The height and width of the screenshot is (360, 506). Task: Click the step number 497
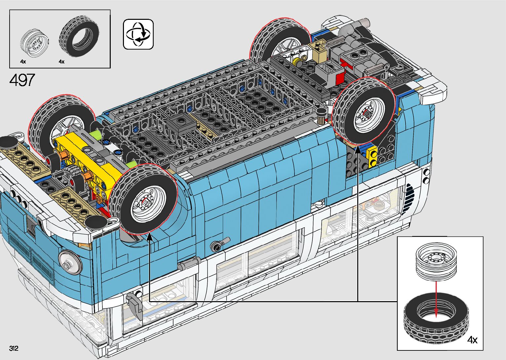[22, 80]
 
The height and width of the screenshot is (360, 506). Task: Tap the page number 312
[14, 348]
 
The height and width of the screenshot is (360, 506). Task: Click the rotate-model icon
[138, 34]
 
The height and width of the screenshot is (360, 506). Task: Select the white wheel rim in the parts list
[34, 43]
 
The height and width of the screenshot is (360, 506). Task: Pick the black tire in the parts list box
[79, 35]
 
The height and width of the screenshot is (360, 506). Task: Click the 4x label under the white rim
[23, 61]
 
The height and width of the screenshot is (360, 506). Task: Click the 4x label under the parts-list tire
[62, 61]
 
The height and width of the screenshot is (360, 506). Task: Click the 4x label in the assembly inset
[472, 340]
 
